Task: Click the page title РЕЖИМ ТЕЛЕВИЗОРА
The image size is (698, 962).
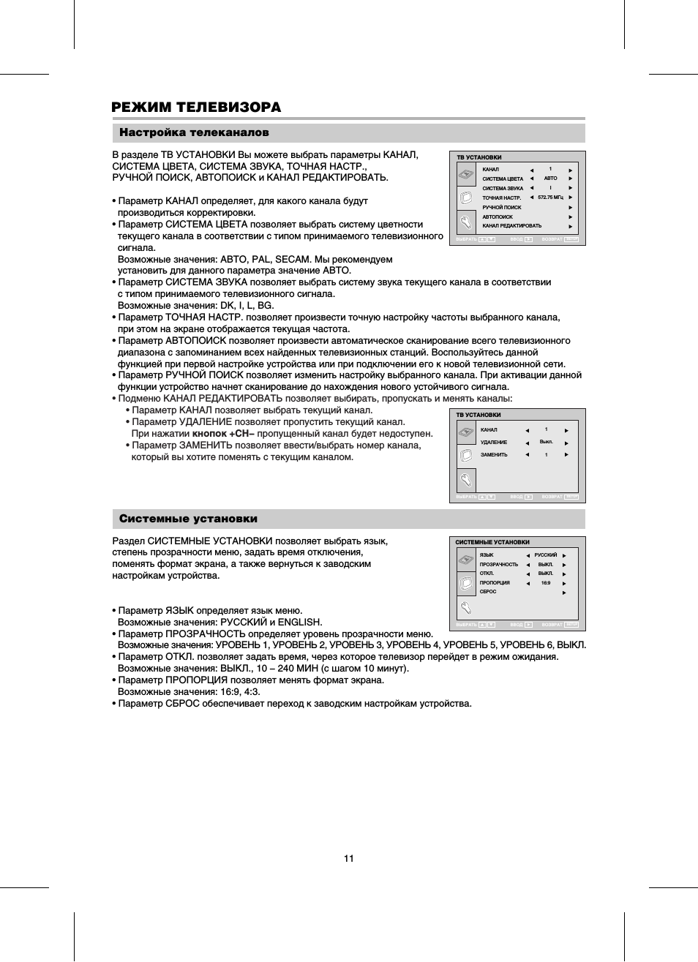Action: pos(196,108)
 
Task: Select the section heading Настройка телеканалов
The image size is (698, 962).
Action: pos(194,132)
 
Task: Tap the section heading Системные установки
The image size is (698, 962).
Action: pos(188,519)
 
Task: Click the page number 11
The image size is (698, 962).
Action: pos(349,858)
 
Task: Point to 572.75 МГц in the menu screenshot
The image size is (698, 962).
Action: pos(550,198)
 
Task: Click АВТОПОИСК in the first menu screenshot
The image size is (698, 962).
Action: pos(498,217)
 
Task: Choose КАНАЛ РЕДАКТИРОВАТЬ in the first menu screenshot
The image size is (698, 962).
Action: pos(511,226)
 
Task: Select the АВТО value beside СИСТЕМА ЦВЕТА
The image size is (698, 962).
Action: pos(550,179)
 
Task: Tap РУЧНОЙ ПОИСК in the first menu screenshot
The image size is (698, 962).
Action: pos(502,207)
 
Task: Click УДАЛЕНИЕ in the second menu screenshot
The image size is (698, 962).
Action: pos(494,443)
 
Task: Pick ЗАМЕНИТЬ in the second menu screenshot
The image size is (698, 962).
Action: pos(494,455)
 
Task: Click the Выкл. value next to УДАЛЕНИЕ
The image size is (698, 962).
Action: pos(546,442)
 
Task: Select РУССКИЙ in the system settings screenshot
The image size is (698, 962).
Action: pos(546,555)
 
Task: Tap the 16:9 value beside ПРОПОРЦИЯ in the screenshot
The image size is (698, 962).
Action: pos(546,583)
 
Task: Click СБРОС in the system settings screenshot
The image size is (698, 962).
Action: pos(488,592)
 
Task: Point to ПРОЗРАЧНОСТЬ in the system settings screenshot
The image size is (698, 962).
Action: pos(499,565)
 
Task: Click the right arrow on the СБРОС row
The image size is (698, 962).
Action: pos(564,593)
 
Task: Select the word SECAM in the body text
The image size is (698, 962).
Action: pos(292,259)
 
